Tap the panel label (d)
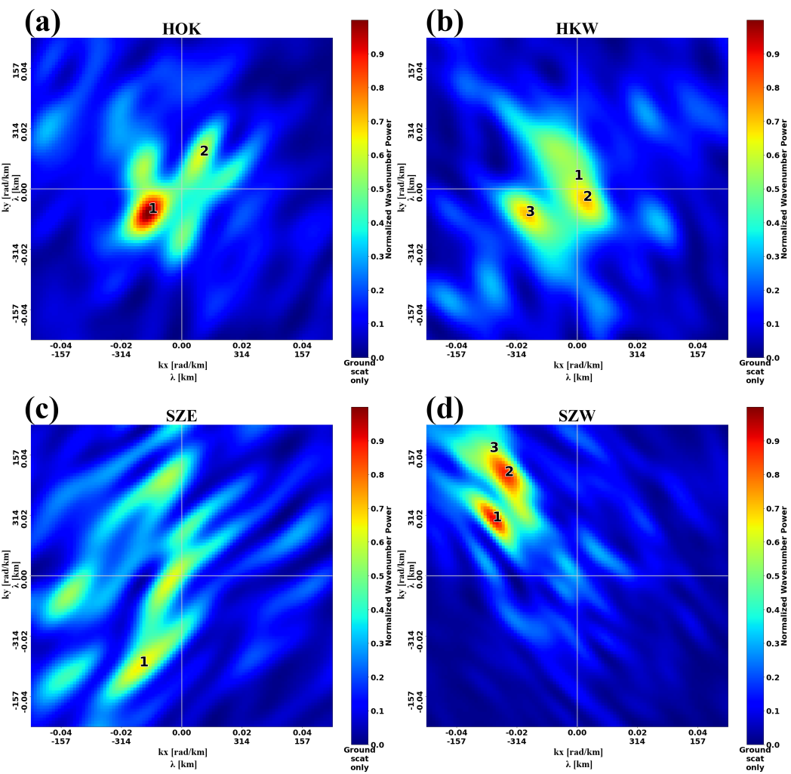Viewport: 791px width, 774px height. tap(442, 409)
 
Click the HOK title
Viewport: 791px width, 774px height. tap(181, 29)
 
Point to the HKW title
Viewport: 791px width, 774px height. tap(577, 29)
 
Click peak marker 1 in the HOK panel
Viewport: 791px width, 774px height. tap(152, 208)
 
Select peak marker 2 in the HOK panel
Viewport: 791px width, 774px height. tap(204, 151)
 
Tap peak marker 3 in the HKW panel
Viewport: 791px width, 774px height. tap(530, 211)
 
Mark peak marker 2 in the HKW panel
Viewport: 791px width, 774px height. tap(586, 196)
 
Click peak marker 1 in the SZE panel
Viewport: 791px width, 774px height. tap(143, 661)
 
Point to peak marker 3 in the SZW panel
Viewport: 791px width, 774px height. tap(494, 447)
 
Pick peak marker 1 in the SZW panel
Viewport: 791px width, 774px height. tap(497, 517)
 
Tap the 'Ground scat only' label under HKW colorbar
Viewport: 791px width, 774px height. tap(755, 372)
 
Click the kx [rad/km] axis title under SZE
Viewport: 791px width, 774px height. tap(181, 752)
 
